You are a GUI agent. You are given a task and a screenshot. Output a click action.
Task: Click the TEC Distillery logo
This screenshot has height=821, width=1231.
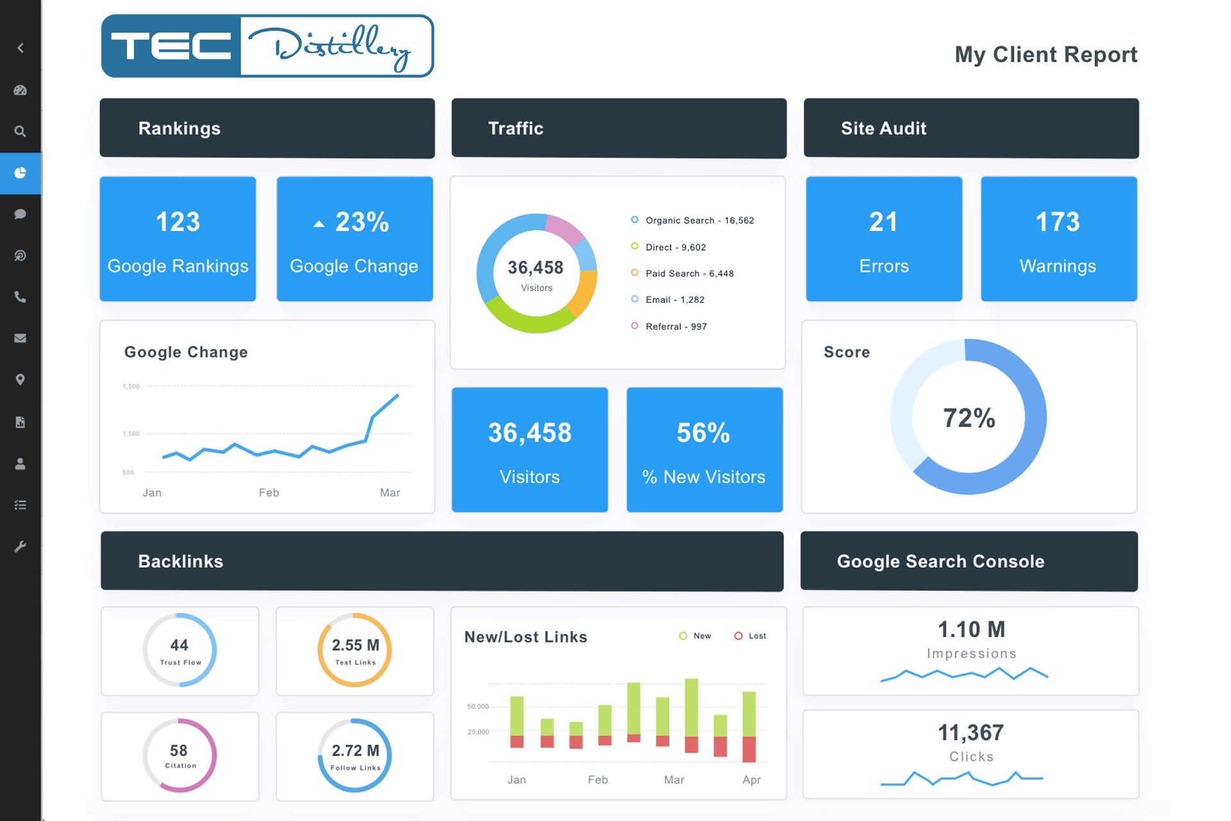[267, 46]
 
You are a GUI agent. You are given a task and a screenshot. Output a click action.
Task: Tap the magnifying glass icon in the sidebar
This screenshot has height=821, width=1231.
[21, 131]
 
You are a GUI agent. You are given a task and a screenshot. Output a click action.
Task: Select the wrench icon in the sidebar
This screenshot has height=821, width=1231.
[21, 546]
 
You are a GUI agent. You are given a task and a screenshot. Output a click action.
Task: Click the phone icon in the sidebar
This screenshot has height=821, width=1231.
[21, 297]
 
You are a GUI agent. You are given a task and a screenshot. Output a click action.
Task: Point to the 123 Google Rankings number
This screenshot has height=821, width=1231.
[178, 223]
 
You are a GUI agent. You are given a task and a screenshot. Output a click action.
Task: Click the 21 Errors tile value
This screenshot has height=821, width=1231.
[883, 223]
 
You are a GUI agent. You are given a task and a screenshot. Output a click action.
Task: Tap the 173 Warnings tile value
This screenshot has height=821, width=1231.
[1058, 223]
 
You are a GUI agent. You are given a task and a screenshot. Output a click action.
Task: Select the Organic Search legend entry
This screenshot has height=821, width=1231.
[699, 221]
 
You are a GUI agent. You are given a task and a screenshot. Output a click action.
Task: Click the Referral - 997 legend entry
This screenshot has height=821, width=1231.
[676, 326]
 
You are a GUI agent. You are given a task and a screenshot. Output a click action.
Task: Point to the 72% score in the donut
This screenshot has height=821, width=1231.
[969, 418]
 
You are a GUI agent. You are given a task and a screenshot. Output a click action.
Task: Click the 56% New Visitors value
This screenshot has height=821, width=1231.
[703, 434]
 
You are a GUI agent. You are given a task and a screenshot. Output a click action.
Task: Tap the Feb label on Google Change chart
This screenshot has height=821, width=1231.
[269, 493]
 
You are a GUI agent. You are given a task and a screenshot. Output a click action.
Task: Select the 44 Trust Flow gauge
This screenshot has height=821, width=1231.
[180, 650]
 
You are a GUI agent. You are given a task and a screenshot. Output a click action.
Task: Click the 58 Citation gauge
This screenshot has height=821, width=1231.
[180, 755]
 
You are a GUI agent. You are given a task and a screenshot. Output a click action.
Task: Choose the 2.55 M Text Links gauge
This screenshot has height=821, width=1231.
[355, 650]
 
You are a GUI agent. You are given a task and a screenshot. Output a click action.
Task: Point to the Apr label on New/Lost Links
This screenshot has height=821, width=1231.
[751, 780]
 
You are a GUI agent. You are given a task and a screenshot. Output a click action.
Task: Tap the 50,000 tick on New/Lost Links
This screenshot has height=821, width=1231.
[478, 707]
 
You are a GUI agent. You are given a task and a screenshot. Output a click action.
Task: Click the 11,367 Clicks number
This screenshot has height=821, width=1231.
[971, 732]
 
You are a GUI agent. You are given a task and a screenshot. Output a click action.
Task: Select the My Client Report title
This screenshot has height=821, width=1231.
[1046, 55]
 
